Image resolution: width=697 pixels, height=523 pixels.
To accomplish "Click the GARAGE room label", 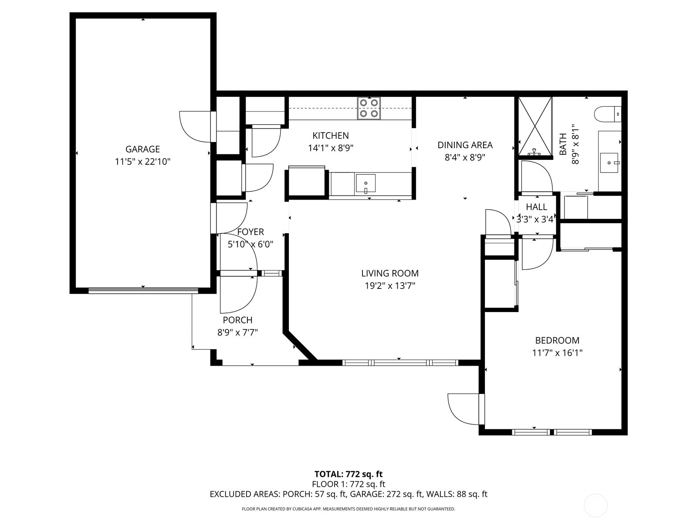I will click(x=142, y=149).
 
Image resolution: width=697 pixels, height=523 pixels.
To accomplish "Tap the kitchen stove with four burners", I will click(x=369, y=108).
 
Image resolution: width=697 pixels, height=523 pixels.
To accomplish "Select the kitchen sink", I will click(x=365, y=183).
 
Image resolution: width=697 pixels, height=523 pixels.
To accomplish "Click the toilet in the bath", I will click(x=608, y=114).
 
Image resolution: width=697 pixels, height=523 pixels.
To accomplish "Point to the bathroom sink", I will click(x=609, y=163).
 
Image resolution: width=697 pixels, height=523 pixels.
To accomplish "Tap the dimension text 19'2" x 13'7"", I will click(x=390, y=286).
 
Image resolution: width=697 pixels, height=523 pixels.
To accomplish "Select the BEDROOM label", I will click(x=557, y=340).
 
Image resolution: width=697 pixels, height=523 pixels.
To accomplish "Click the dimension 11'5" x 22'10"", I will click(x=142, y=162).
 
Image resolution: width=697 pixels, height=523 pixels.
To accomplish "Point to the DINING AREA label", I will click(x=465, y=145).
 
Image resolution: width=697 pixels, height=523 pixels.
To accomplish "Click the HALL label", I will click(x=536, y=207).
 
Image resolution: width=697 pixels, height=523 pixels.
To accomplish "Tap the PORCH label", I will click(x=237, y=320).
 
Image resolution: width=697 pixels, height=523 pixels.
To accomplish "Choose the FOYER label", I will click(x=250, y=232).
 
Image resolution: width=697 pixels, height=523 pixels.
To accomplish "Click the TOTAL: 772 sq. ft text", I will click(x=348, y=474).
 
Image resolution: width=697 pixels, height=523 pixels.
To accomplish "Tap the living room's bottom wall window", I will click(x=399, y=362).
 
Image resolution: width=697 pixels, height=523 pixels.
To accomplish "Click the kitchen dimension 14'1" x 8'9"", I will click(x=330, y=148).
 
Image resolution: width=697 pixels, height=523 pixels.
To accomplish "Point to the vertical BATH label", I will click(x=563, y=144).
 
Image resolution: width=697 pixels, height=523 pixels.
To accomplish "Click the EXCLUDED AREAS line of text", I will click(x=348, y=494).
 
